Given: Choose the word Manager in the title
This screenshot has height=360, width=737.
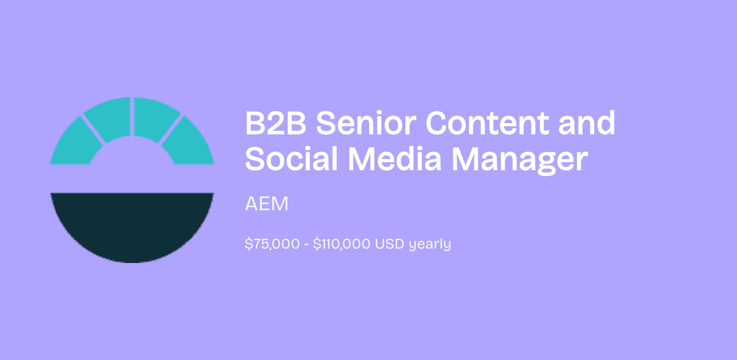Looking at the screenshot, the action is [519, 161].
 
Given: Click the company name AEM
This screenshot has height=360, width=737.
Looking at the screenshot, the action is [267, 203].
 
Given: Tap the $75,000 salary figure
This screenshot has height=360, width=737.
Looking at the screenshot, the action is [272, 244].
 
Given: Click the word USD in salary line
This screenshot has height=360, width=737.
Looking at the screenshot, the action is [389, 244].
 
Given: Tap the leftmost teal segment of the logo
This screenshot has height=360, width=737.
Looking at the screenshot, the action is [75, 144].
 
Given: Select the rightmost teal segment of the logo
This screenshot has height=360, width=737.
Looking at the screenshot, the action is [189, 144].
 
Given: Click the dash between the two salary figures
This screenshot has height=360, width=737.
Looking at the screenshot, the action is [306, 245].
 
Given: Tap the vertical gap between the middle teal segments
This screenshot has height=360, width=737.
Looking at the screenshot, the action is [132, 117].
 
